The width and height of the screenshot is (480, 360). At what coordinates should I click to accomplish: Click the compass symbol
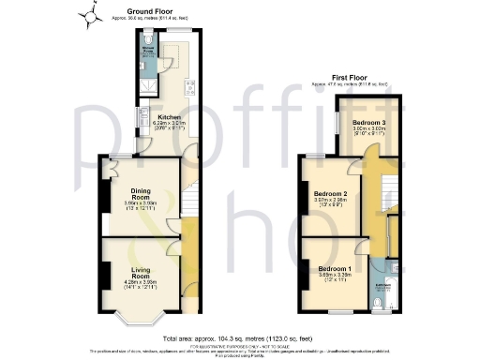pos(91,15)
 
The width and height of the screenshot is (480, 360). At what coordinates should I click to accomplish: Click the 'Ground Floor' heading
pos(135,10)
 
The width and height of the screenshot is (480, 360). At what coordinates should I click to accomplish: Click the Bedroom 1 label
pos(335,270)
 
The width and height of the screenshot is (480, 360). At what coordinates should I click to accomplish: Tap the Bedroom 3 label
pos(368,123)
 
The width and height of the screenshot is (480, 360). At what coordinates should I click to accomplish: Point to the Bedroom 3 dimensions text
pos(368,133)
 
